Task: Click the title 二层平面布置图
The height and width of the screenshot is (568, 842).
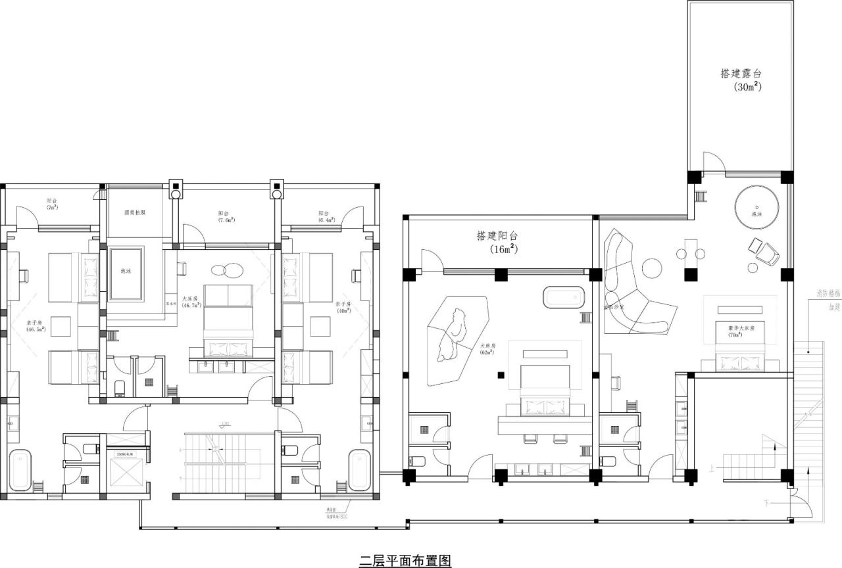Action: click(405, 560)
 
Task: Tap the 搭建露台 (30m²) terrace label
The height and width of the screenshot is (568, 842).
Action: click(744, 80)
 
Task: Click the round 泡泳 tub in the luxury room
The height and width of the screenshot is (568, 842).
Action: click(758, 208)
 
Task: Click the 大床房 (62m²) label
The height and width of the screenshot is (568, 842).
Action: click(487, 348)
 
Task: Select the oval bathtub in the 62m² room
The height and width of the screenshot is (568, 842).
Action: click(563, 296)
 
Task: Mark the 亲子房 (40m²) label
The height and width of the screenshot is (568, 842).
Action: click(343, 307)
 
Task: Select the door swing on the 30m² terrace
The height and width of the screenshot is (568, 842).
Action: click(712, 162)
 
